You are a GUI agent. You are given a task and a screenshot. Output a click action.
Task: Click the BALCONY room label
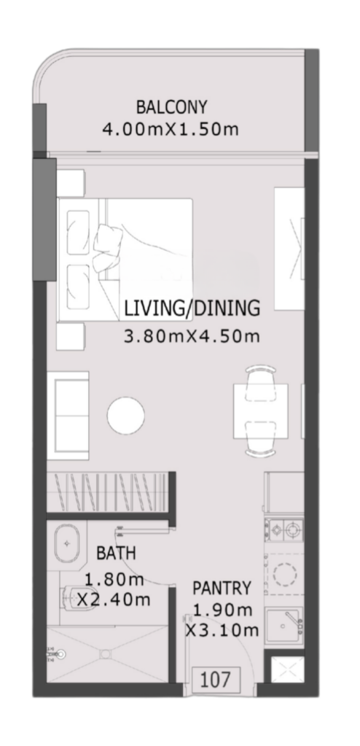pos(172,107)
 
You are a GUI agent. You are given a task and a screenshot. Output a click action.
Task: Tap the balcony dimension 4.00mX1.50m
pos(171,129)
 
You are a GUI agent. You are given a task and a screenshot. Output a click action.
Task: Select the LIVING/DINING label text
pos(192,308)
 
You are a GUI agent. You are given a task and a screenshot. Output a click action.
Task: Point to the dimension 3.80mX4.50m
pos(192,336)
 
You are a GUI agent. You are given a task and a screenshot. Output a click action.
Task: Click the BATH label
pos(116,553)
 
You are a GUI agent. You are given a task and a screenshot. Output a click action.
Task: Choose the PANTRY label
pos(221,588)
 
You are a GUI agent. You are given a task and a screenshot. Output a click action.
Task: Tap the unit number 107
pos(216,680)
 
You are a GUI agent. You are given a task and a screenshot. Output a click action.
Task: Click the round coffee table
pos(125,416)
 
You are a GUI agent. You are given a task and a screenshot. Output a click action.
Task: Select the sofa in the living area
pos(68,416)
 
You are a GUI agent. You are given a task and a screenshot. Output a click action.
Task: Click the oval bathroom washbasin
pos(68,543)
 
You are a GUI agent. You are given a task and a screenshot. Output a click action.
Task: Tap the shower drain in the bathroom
pos(105,654)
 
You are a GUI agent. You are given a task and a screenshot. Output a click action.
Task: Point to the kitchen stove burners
pos(284,529)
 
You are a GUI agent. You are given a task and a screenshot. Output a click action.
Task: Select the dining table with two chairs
pos(261,411)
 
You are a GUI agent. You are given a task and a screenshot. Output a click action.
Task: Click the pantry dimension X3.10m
pos(222,631)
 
